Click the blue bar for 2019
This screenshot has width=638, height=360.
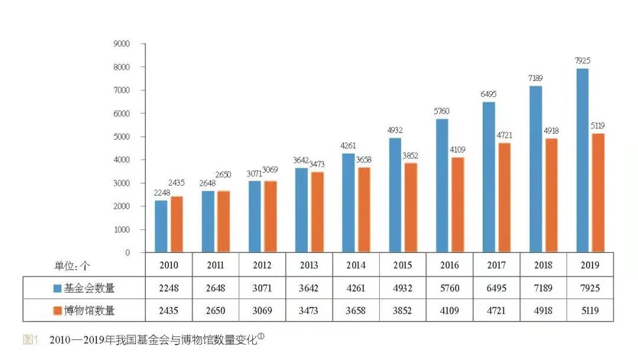(x=582, y=161)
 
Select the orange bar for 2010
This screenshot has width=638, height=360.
(x=177, y=225)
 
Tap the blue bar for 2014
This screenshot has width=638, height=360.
(x=349, y=203)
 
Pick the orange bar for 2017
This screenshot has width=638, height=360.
(x=504, y=197)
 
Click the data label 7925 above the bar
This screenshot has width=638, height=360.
(x=582, y=60)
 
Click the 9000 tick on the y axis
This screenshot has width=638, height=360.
(x=122, y=44)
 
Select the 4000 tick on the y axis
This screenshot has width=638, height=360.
(x=122, y=160)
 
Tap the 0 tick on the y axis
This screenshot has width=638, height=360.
(x=126, y=253)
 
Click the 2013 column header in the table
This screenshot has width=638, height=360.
(x=309, y=265)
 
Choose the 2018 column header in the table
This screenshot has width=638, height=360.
(x=543, y=265)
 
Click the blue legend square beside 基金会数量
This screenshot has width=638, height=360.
(x=57, y=288)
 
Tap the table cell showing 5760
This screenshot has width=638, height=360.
(x=449, y=288)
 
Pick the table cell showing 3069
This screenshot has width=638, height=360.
(x=262, y=310)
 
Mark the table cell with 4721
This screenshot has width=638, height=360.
(x=496, y=310)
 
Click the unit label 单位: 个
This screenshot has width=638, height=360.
(x=73, y=265)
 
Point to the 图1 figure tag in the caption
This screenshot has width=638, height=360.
(x=30, y=340)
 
